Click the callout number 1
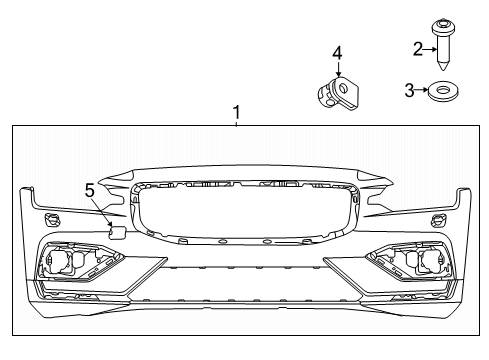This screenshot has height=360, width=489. click(x=236, y=113)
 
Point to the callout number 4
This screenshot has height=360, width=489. click(x=338, y=51)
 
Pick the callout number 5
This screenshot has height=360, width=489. click(x=89, y=188)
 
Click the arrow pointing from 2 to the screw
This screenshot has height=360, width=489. click(x=430, y=47)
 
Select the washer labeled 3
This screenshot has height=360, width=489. click(x=443, y=92)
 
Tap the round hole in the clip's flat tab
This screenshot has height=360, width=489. click(x=346, y=91)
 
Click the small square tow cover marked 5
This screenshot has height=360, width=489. click(x=115, y=233)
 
